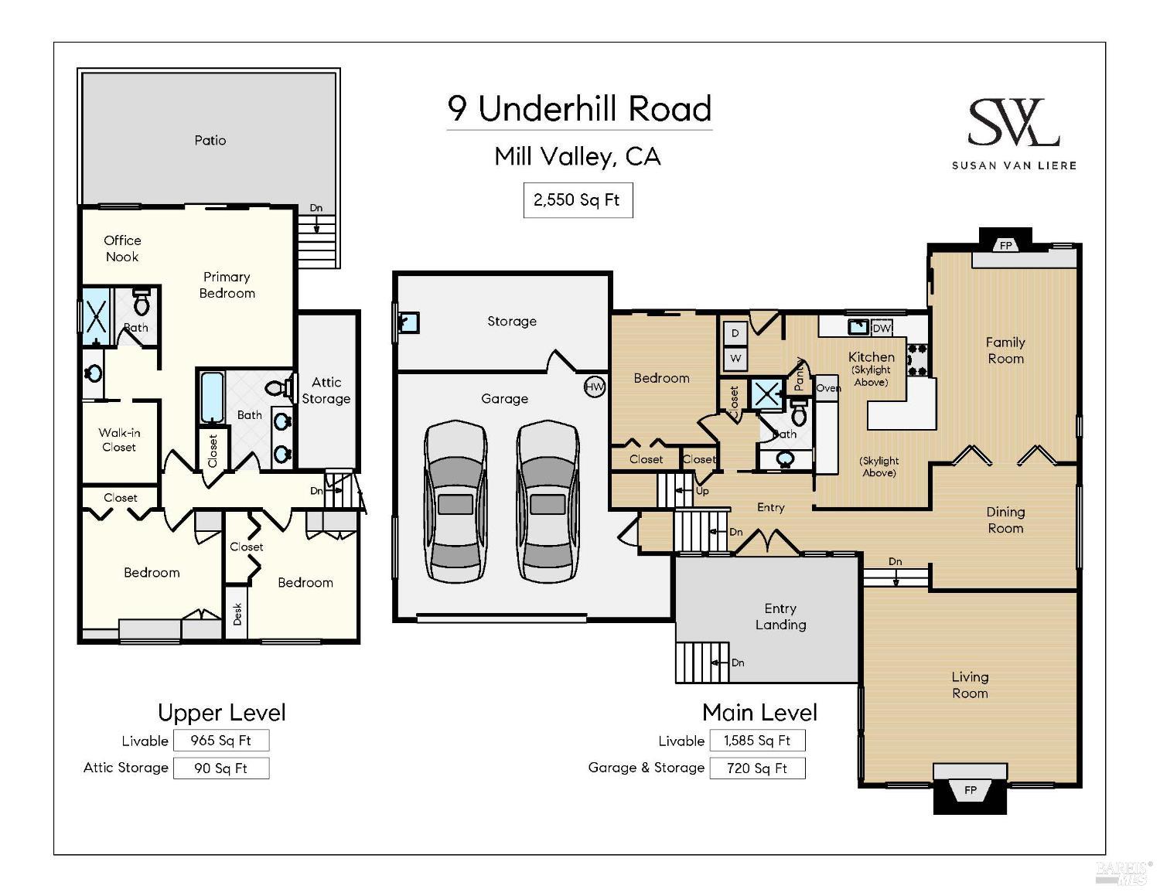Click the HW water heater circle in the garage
pyautogui.click(x=595, y=387)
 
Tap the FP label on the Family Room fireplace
pyautogui.click(x=1006, y=246)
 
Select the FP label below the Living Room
pyautogui.click(x=971, y=790)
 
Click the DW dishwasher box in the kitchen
pyautogui.click(x=882, y=329)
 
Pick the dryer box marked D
pyautogui.click(x=735, y=333)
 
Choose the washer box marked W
pyautogui.click(x=735, y=358)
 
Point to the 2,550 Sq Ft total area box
pyautogui.click(x=578, y=200)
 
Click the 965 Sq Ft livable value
pyautogui.click(x=221, y=740)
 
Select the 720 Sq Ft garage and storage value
pyautogui.click(x=757, y=768)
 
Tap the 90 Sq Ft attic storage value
pyautogui.click(x=221, y=768)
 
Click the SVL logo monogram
pyautogui.click(x=1013, y=122)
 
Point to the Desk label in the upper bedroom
pyautogui.click(x=237, y=614)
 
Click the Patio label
pyautogui.click(x=210, y=141)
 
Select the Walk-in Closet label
pyautogui.click(x=119, y=440)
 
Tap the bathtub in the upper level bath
pyautogui.click(x=212, y=397)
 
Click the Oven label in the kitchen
pyautogui.click(x=828, y=388)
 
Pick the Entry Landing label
pyautogui.click(x=780, y=616)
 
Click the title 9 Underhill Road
pyautogui.click(x=579, y=109)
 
